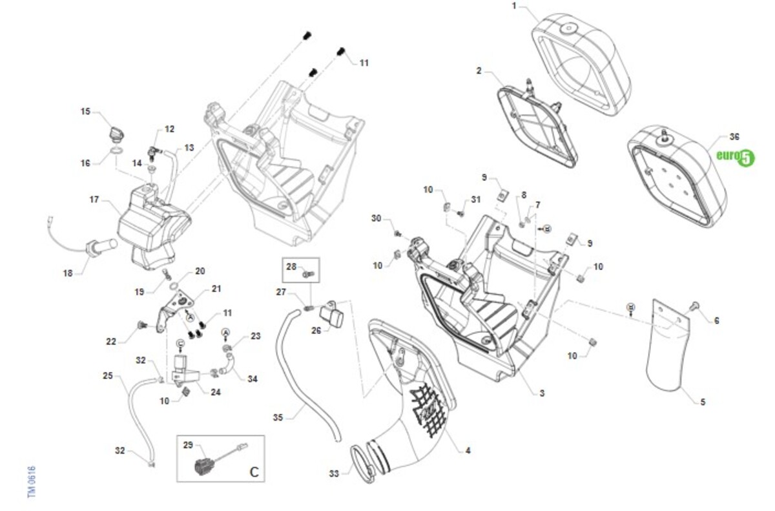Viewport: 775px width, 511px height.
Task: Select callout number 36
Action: click(734, 137)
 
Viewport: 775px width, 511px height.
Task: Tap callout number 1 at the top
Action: click(514, 6)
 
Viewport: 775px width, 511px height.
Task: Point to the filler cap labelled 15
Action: click(116, 133)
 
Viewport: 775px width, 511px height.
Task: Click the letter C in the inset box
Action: click(254, 472)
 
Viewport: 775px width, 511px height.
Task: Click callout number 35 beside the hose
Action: click(278, 418)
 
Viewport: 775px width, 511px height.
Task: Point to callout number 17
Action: click(94, 200)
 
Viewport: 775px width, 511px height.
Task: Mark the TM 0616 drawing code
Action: click(31, 481)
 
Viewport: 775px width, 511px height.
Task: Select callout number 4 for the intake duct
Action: click(468, 450)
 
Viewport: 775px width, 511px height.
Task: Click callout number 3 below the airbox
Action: click(542, 393)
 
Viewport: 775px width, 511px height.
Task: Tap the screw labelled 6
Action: click(695, 306)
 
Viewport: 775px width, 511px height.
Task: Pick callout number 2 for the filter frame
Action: click(479, 70)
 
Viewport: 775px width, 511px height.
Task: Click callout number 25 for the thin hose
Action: click(108, 375)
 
